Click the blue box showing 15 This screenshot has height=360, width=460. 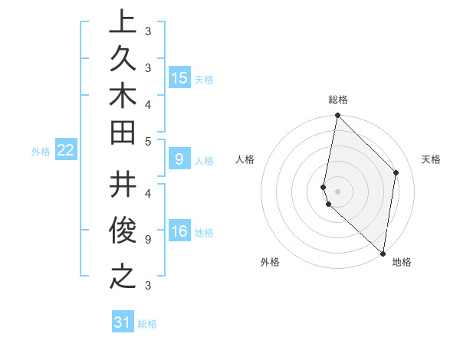(179, 78)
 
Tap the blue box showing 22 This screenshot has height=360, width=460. (65, 150)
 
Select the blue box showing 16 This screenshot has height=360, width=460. (179, 232)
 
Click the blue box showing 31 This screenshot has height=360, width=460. (123, 322)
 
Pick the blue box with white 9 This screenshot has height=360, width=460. (179, 159)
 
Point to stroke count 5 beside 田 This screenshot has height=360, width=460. (148, 141)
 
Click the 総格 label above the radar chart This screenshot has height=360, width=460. (337, 100)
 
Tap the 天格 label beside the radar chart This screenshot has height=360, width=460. (431, 159)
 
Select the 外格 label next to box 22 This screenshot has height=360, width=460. (41, 152)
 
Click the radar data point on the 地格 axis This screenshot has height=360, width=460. (383, 254)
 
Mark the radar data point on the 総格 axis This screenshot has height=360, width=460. (337, 116)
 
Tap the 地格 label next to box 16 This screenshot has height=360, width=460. (204, 233)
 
